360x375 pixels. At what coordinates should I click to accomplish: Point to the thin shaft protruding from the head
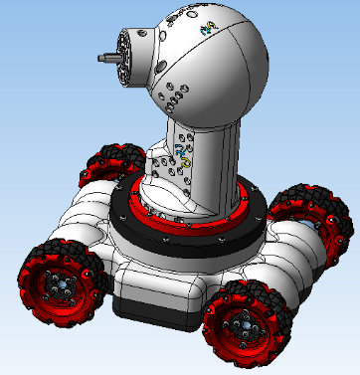[103, 58]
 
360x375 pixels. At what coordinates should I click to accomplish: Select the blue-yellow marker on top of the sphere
[207, 31]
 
